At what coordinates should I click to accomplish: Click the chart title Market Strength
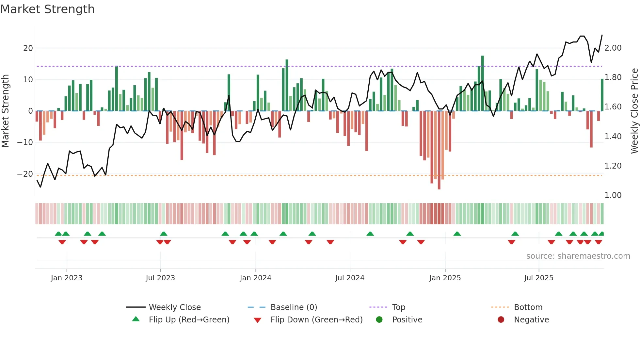(47, 9)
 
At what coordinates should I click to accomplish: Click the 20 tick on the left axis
(28, 48)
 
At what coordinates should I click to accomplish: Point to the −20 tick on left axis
(25, 174)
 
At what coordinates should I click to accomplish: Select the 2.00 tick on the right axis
(613, 48)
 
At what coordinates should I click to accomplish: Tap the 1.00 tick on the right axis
(613, 195)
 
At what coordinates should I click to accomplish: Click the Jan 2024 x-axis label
(255, 278)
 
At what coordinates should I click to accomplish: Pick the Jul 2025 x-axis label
(538, 278)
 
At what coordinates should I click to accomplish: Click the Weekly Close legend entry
(174, 307)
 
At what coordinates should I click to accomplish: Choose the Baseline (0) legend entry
(294, 307)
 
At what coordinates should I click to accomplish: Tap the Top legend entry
(398, 307)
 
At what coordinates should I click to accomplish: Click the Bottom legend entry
(528, 307)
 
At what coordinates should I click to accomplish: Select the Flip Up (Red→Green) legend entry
(189, 320)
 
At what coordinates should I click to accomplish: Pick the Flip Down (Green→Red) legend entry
(316, 320)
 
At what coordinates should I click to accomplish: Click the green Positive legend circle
(379, 320)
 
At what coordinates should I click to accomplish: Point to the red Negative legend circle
(501, 320)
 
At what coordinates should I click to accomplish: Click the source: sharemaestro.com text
(578, 256)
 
